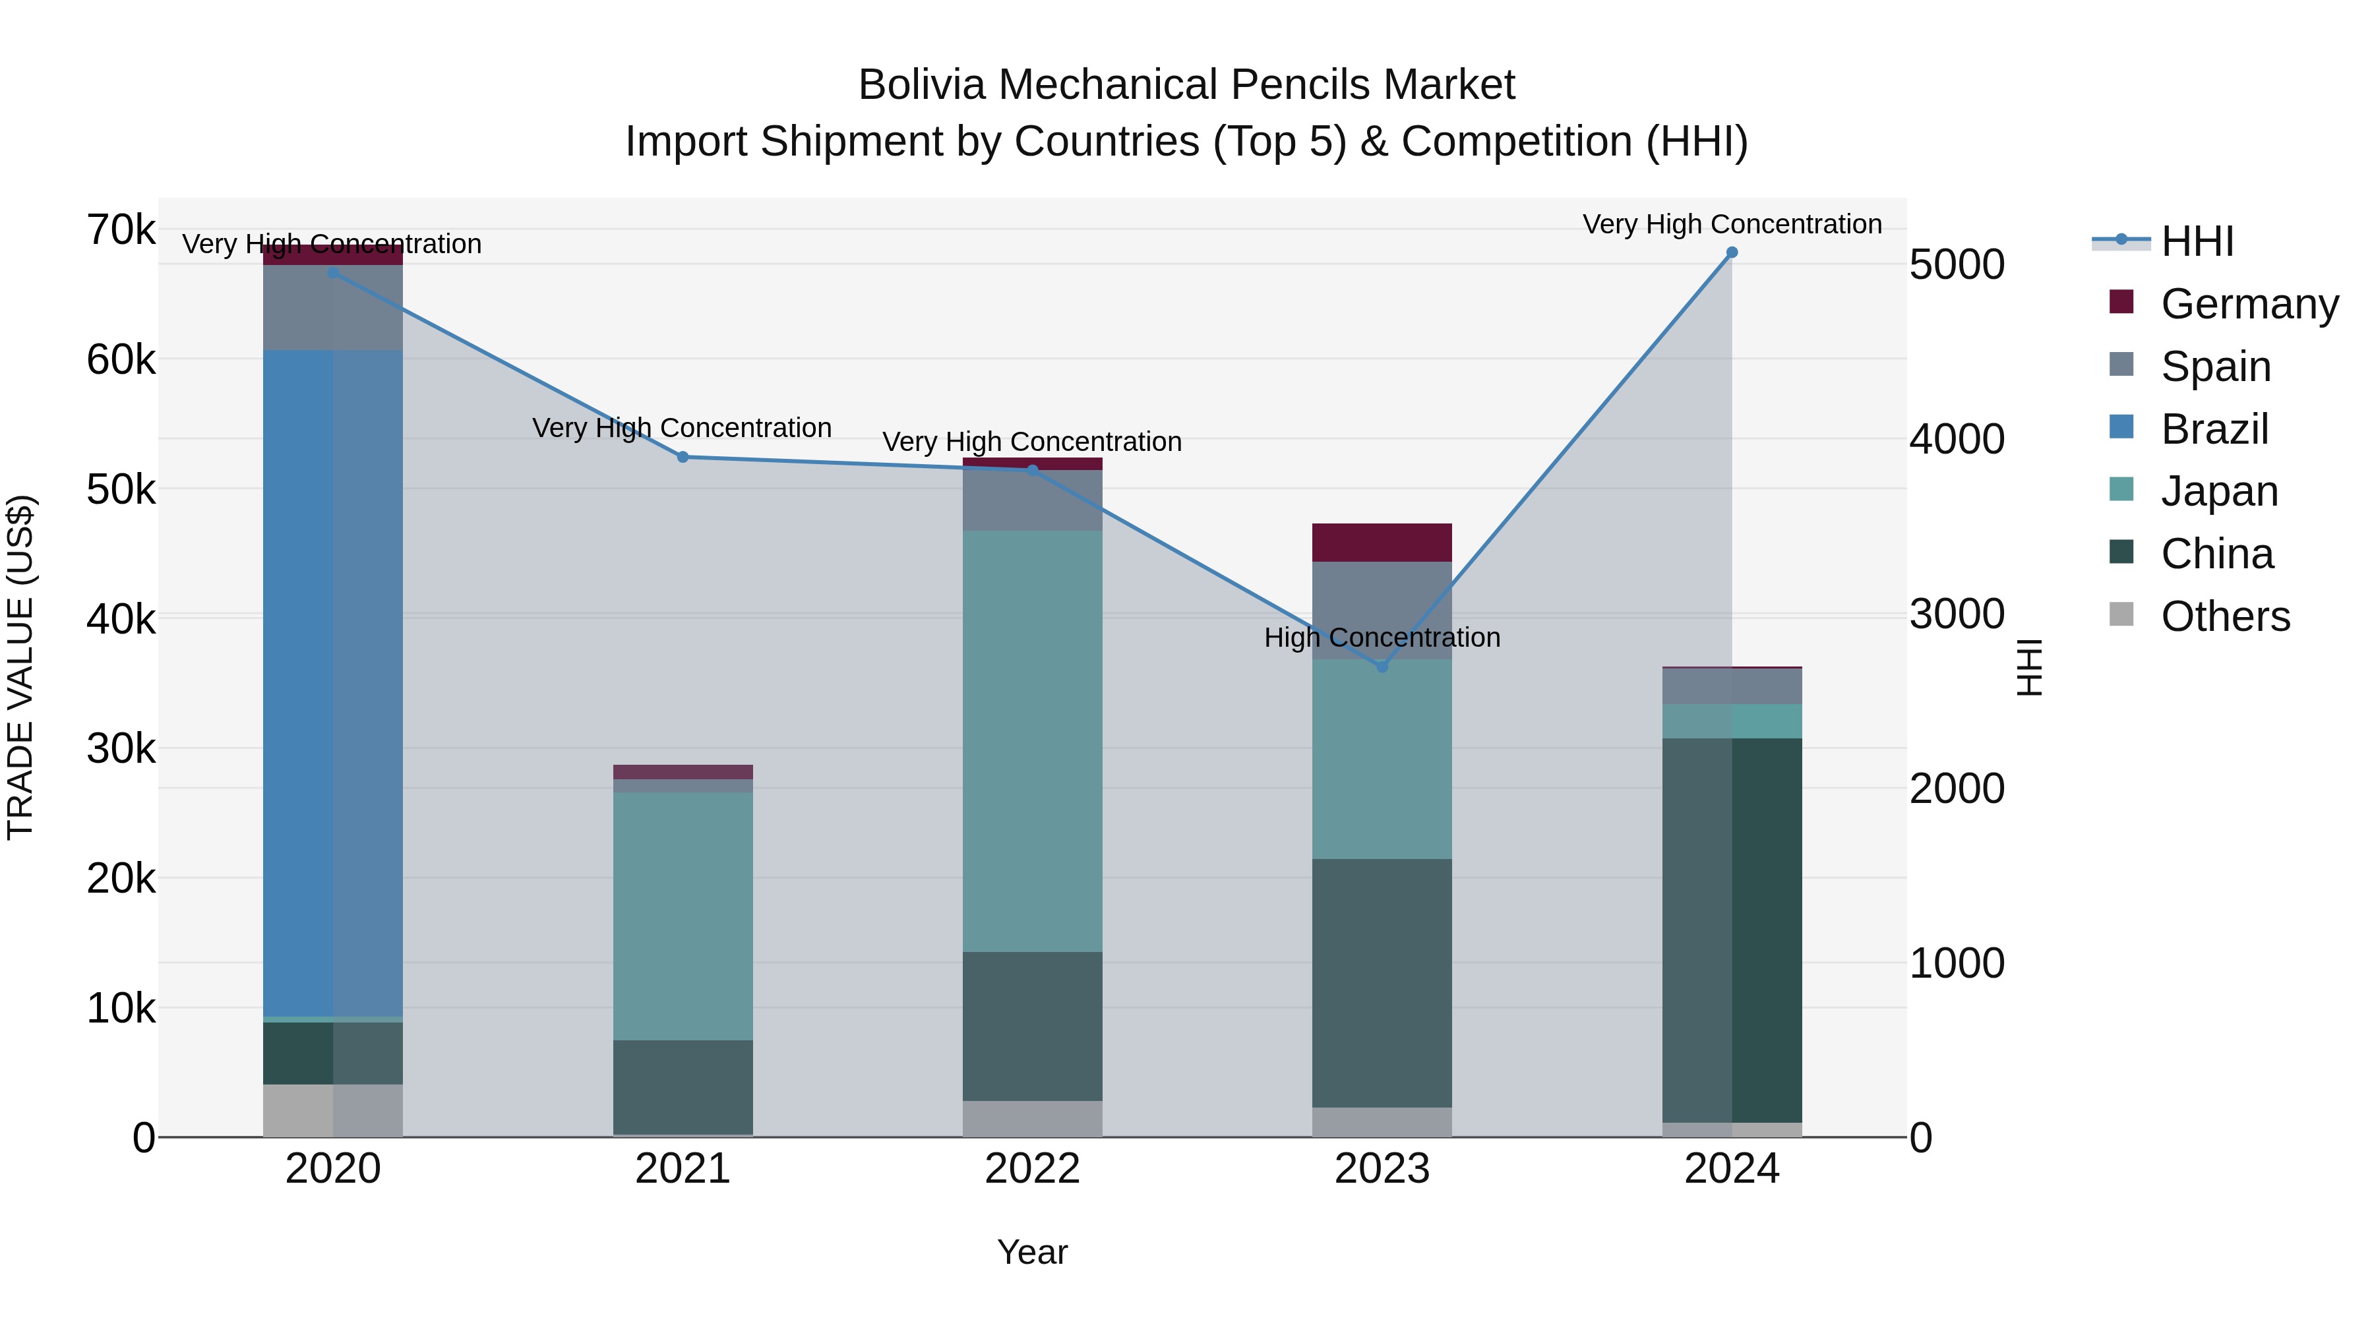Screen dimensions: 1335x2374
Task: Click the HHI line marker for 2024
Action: click(1732, 252)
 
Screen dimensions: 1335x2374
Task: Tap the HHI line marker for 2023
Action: click(1382, 666)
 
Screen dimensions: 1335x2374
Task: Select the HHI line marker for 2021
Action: click(683, 457)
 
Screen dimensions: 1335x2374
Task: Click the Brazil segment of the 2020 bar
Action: click(333, 682)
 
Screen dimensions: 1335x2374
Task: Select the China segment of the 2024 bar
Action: click(1732, 930)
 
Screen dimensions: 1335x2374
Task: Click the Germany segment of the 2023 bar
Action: click(1382, 543)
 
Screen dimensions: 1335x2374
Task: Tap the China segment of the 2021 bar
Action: click(683, 1087)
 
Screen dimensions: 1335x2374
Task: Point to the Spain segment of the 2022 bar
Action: click(1032, 500)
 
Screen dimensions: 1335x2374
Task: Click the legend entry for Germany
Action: click(2249, 304)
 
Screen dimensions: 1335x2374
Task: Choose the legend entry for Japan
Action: click(2219, 491)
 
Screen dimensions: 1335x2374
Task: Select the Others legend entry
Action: click(2225, 616)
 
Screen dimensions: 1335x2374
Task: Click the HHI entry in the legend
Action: click(2197, 241)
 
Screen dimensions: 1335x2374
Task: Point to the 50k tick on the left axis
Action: click(121, 489)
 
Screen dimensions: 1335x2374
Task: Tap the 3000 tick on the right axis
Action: click(1957, 614)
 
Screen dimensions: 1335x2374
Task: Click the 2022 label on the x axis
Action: click(1032, 1169)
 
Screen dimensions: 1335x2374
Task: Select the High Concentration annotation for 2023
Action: click(1382, 638)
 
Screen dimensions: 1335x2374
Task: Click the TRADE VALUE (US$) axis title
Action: click(20, 667)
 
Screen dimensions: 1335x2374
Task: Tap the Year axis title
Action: click(1032, 1252)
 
